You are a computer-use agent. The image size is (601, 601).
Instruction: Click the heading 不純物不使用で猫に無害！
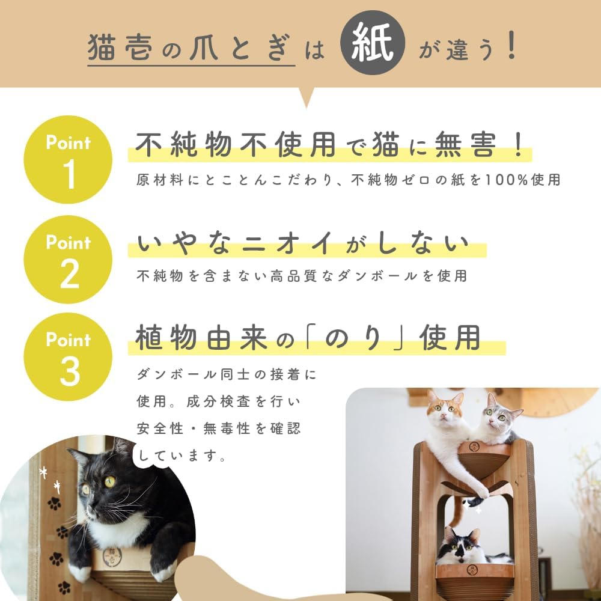[330, 146]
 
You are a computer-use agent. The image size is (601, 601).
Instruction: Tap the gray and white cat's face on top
[497, 413]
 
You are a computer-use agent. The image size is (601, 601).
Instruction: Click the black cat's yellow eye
[110, 481]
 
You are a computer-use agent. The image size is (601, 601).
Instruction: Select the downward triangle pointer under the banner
[307, 97]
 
